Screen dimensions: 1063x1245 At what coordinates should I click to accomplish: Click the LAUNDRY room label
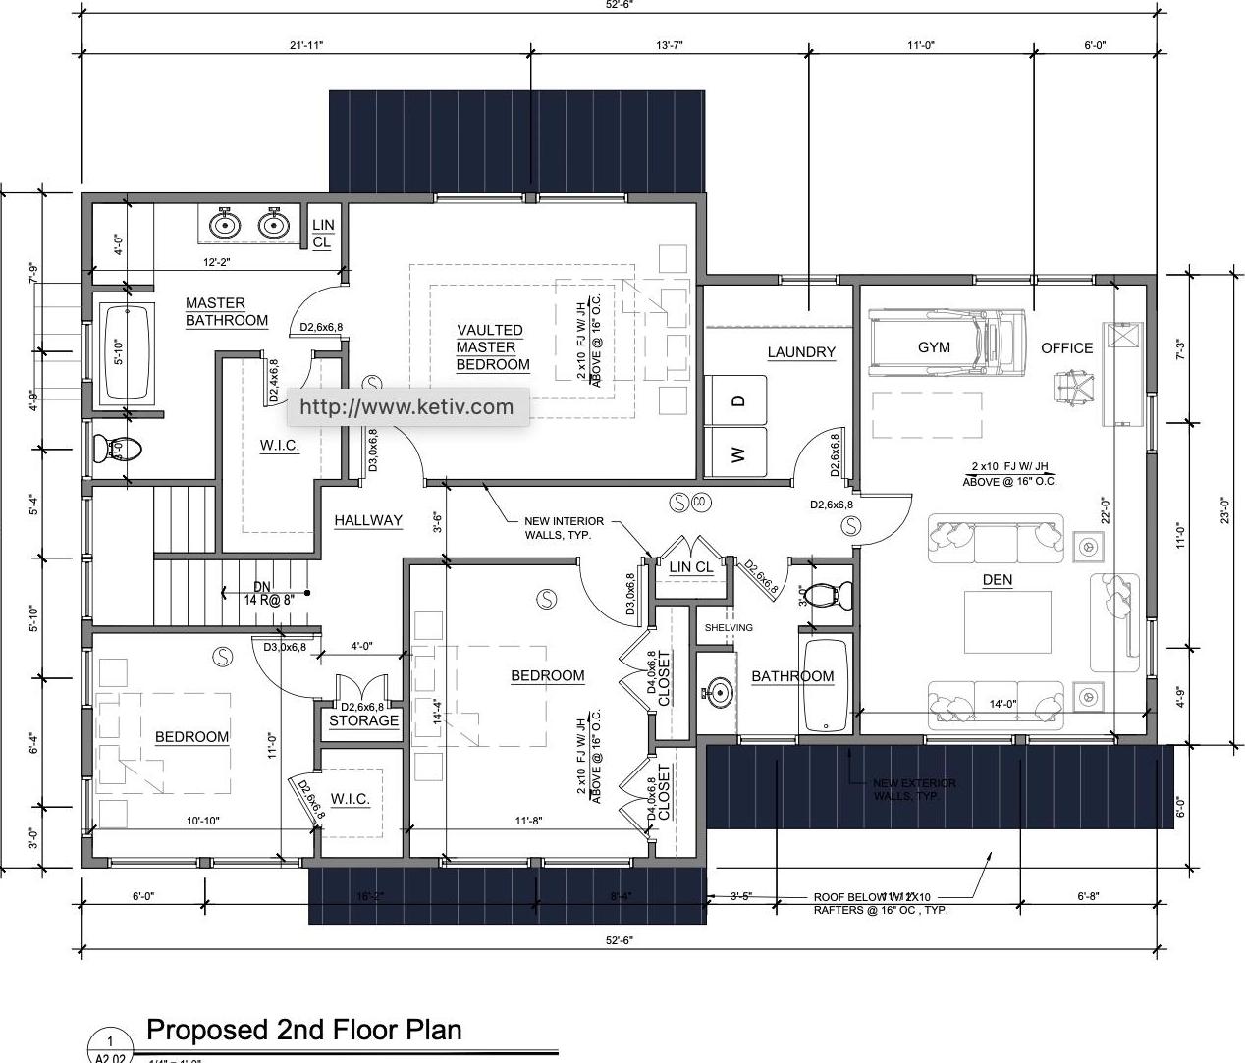point(801,352)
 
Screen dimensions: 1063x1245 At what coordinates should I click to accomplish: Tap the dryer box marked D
point(737,400)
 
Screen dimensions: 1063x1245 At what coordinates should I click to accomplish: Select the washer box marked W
point(737,453)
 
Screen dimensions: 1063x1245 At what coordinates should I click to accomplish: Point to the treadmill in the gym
point(947,344)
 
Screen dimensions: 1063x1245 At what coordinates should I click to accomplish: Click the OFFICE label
point(1066,348)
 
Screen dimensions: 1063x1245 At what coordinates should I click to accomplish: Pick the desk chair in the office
point(1072,387)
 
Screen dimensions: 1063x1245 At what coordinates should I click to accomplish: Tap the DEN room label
point(997,580)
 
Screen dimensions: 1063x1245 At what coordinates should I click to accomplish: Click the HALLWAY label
point(368,521)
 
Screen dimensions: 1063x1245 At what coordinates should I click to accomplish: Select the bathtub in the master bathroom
point(127,351)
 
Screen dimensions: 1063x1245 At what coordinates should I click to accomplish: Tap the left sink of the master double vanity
point(226,225)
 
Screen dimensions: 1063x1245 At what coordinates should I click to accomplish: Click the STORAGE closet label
point(363,720)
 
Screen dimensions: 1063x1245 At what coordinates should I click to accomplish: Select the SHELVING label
point(729,628)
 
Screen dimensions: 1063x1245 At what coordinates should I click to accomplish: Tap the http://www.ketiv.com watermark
point(406,407)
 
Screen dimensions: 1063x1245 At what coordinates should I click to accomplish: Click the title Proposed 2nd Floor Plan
point(303,1030)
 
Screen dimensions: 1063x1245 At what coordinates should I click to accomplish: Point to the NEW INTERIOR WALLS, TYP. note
point(564,528)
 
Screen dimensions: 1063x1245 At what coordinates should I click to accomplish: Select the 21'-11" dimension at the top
point(305,45)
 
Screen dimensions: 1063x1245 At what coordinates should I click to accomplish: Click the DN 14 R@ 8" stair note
point(261,593)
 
